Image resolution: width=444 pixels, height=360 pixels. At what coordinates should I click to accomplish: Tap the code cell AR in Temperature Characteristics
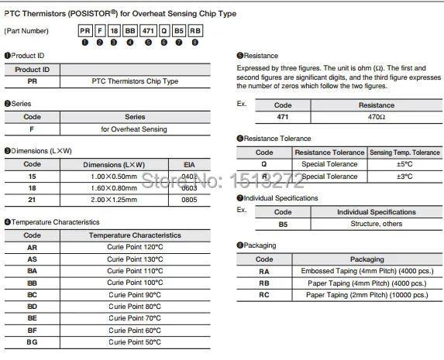point(33,246)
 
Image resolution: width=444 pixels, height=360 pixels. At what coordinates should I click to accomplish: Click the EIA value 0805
point(190,200)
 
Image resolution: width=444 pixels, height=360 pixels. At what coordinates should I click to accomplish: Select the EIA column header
point(190,165)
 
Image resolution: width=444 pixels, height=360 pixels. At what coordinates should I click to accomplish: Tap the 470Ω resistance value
point(376,116)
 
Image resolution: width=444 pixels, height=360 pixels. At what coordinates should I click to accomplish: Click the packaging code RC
point(265,295)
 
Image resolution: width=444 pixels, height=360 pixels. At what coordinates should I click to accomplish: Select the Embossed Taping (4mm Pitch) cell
point(366,271)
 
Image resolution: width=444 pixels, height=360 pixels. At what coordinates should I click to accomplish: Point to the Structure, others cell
point(370,224)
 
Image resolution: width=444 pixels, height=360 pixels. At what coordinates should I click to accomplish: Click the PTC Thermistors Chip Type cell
point(135,81)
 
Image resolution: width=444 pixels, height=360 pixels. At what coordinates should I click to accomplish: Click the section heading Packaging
point(259,245)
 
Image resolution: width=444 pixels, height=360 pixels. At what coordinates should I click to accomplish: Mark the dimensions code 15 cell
point(33,177)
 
